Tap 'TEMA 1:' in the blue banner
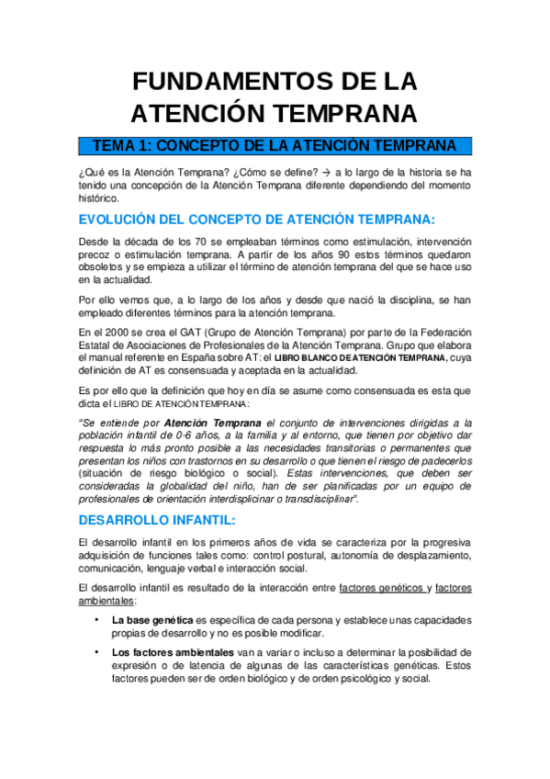(x=125, y=146)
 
